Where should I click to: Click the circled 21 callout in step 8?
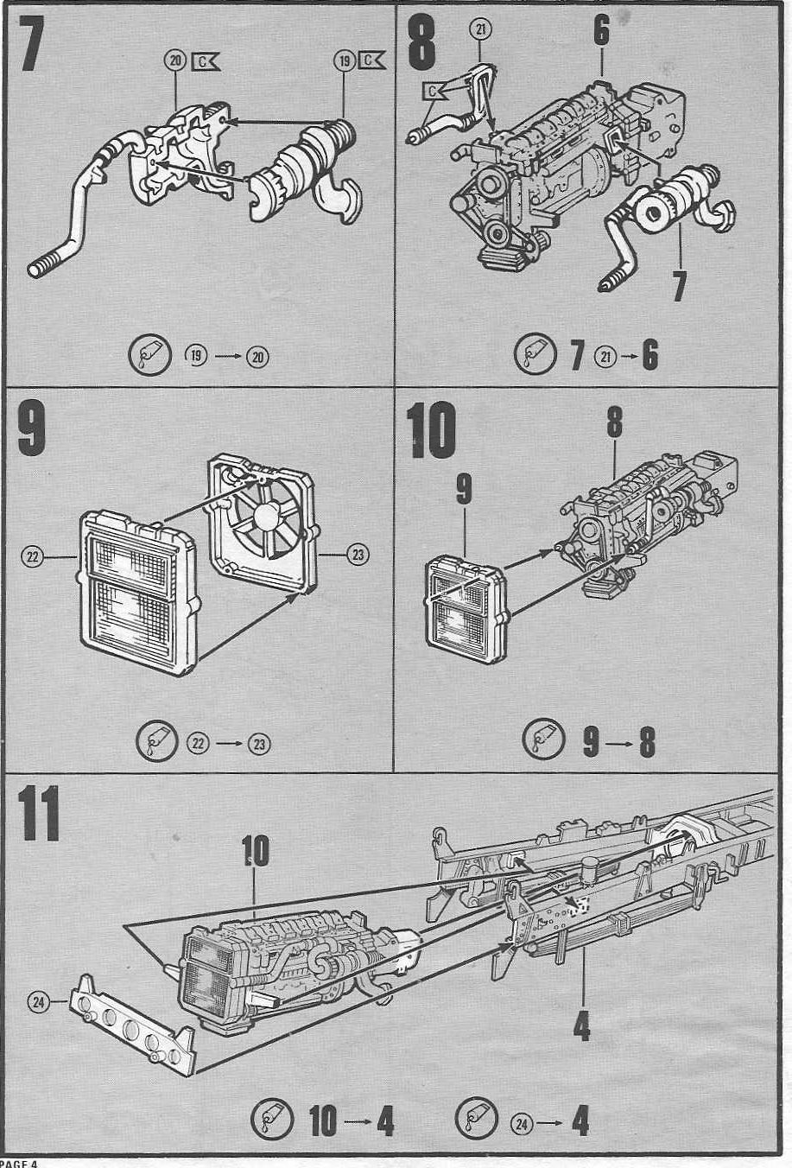481,29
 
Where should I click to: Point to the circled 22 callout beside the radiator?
33,557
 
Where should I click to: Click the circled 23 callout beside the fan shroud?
358,555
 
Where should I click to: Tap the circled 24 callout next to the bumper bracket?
38,1002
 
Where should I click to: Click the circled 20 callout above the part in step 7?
176,60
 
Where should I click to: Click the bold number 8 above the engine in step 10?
614,422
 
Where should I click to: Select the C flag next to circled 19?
374,60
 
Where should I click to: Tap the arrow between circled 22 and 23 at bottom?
229,742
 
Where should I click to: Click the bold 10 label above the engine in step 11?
255,851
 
